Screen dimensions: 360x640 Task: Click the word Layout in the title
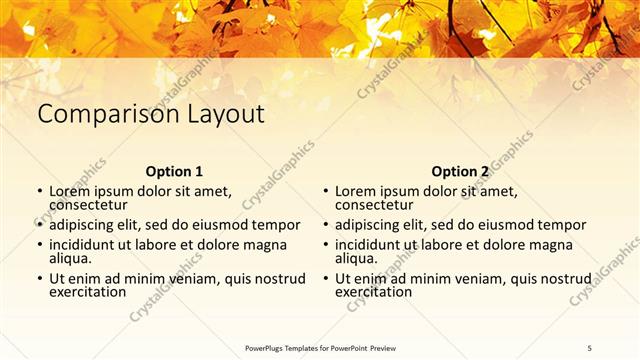[225, 114]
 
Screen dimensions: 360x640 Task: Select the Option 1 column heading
[174, 171]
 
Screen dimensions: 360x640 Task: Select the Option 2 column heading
[460, 171]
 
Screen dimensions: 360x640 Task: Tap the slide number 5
[590, 347]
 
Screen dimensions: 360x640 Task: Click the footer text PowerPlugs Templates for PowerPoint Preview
[320, 347]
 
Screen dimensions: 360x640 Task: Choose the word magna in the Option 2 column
[552, 245]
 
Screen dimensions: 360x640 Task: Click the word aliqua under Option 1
[70, 259]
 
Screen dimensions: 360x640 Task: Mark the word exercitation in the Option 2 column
[373, 293]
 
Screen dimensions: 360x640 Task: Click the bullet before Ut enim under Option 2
[326, 279]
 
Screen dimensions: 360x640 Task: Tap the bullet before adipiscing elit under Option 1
[40, 226]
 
